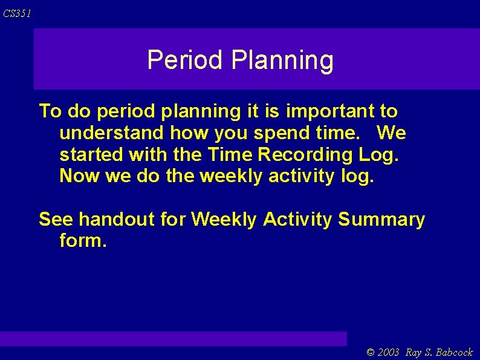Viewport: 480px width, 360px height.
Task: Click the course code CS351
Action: [x=16, y=13]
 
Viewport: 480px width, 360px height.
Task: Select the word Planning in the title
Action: [x=282, y=61]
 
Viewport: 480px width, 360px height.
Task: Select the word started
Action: [x=91, y=155]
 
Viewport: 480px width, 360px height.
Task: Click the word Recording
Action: [x=305, y=155]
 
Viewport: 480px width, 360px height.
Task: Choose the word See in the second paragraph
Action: [x=56, y=220]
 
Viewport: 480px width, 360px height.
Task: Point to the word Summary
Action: [x=381, y=220]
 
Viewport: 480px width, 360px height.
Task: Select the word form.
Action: [x=83, y=241]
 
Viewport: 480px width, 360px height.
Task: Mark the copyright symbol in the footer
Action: [x=371, y=352]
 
